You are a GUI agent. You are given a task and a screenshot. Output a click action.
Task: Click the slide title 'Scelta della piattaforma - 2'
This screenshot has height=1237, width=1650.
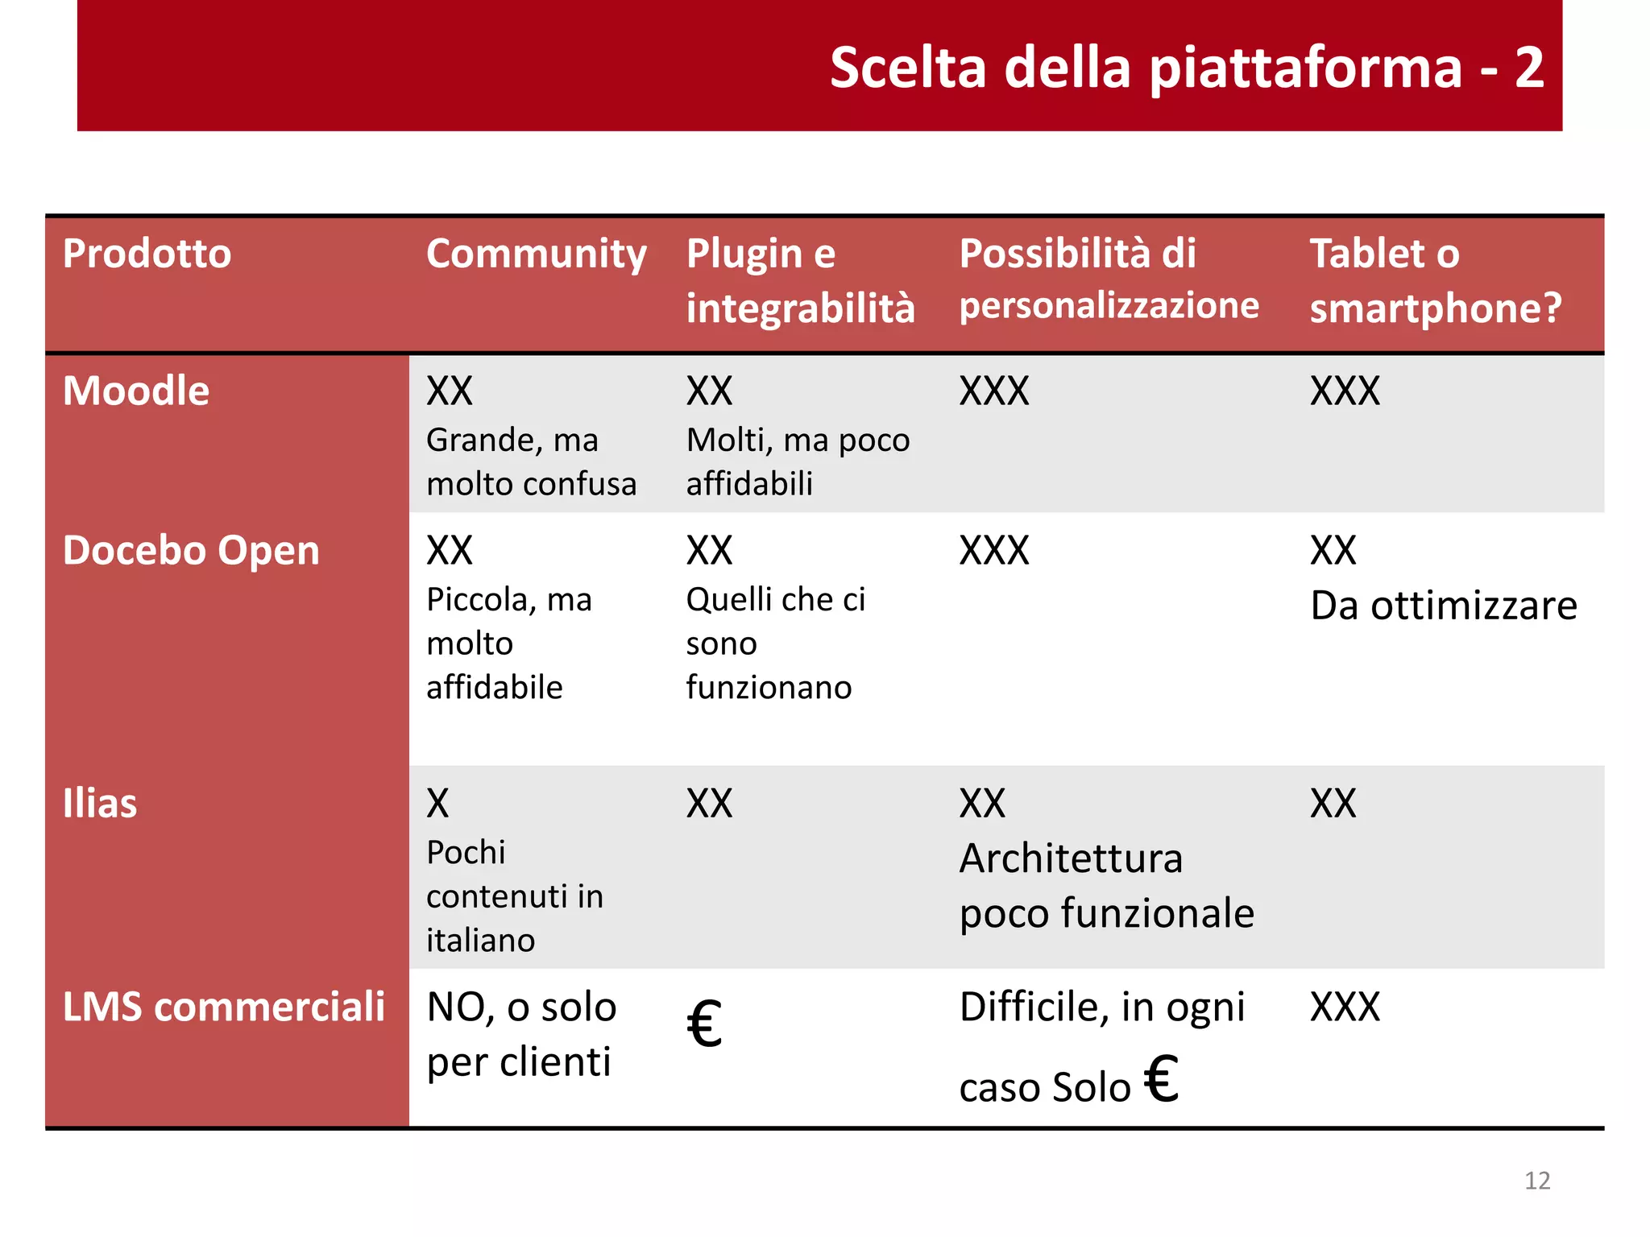tap(1186, 68)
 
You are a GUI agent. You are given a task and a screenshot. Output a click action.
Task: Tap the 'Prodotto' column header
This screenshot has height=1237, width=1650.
tap(147, 254)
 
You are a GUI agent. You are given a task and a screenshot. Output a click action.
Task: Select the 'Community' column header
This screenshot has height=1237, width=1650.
tap(536, 254)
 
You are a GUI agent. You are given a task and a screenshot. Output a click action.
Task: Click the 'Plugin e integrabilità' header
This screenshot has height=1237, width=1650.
tap(800, 280)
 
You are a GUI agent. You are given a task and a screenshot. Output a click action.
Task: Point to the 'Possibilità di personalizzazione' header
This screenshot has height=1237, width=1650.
tap(1109, 279)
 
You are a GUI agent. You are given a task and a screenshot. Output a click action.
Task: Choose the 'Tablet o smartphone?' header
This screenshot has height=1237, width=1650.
tap(1435, 280)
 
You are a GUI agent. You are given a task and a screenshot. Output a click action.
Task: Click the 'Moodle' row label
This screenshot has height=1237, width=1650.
tap(136, 391)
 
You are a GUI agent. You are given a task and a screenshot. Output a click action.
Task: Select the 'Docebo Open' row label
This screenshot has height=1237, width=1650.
tap(191, 551)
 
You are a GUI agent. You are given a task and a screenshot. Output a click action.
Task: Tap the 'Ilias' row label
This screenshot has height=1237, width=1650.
tap(100, 804)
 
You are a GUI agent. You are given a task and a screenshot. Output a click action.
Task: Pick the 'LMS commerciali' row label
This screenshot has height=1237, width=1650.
tap(224, 1007)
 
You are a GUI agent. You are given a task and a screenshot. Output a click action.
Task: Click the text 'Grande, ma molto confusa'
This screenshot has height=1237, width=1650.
tap(531, 462)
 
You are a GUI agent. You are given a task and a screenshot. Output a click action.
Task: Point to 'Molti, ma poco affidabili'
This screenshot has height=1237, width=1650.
tap(798, 462)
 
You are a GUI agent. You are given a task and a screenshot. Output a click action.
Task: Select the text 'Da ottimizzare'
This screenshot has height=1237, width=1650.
tap(1443, 606)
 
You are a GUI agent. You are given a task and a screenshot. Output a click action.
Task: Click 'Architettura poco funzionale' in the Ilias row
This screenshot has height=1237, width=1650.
tap(1106, 886)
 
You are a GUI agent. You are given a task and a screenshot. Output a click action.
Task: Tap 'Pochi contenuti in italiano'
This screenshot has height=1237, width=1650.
tap(514, 896)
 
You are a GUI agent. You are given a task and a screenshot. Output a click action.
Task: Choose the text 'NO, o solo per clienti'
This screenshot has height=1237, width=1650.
tap(521, 1034)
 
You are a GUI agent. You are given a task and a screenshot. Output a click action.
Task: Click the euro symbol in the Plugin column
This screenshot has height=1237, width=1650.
tap(704, 1024)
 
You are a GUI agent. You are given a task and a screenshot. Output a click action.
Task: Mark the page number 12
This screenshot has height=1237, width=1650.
tap(1537, 1181)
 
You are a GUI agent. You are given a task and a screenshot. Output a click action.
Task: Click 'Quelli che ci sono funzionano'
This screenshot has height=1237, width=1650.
tap(775, 643)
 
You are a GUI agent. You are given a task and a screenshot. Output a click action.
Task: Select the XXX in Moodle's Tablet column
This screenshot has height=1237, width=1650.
tap(1345, 391)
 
